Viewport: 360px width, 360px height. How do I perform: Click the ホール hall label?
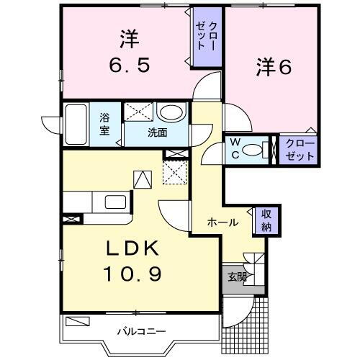(x=223, y=222)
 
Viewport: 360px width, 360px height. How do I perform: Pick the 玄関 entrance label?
(x=237, y=276)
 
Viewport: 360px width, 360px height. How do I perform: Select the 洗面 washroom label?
(x=158, y=132)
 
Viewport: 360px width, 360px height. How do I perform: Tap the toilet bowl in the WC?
(x=253, y=150)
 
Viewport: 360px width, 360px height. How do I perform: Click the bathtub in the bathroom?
(x=76, y=125)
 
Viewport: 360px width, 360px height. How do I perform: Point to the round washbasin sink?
(x=171, y=113)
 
